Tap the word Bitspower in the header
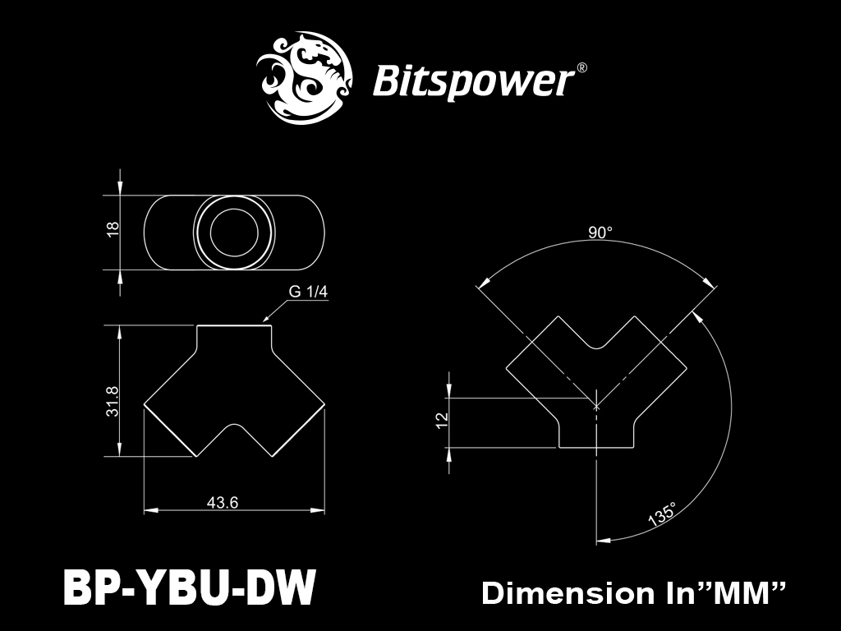[x=472, y=81]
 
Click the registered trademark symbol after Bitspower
[x=581, y=68]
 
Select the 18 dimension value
[x=113, y=229]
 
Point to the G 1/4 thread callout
[x=308, y=292]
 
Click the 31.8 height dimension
[x=113, y=401]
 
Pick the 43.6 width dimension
[x=223, y=502]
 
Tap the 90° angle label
[x=600, y=233]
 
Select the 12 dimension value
[x=442, y=420]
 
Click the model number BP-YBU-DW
[x=189, y=588]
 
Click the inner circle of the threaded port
[x=234, y=233]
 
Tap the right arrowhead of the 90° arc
[x=710, y=283]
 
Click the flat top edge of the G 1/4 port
[x=234, y=325]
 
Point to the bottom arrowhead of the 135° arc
[x=604, y=540]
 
